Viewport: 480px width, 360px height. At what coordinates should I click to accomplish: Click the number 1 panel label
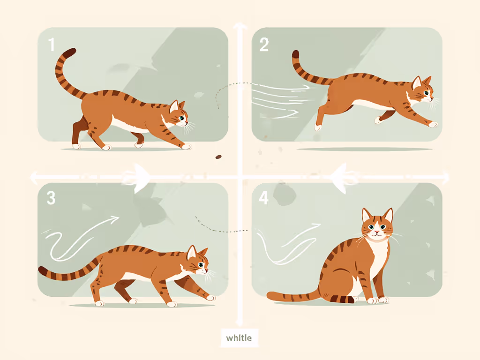(x=52, y=45)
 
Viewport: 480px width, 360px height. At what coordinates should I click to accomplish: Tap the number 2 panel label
(x=264, y=45)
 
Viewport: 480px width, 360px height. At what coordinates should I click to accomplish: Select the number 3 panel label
(x=51, y=198)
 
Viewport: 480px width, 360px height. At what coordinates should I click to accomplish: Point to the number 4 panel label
(x=264, y=198)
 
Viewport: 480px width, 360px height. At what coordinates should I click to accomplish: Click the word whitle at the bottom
(x=239, y=337)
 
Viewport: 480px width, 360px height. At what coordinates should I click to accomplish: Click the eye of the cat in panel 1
(x=181, y=119)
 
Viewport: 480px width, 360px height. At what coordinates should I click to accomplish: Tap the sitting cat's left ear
(x=366, y=216)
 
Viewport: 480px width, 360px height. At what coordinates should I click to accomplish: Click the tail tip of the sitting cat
(x=271, y=295)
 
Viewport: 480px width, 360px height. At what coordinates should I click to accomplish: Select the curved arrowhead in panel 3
(x=114, y=218)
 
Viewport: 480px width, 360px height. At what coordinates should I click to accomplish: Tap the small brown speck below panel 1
(x=218, y=157)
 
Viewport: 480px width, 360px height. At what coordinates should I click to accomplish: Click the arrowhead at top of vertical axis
(x=240, y=26)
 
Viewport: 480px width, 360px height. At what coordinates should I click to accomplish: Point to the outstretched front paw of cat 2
(x=433, y=124)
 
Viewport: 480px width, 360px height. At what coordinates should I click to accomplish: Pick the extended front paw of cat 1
(x=187, y=147)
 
